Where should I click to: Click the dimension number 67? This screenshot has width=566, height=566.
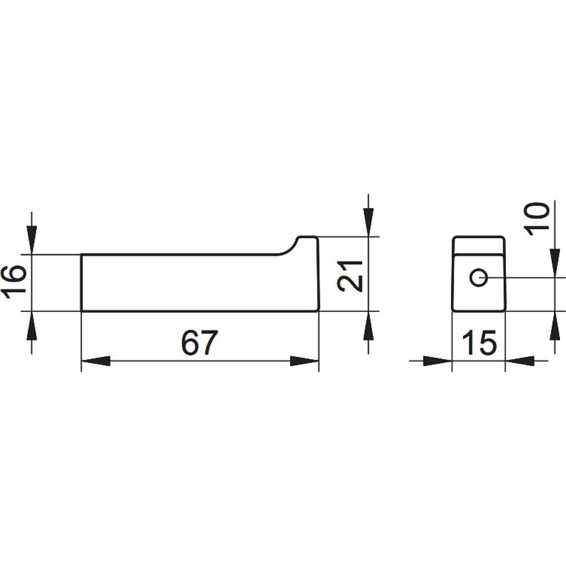click(x=199, y=342)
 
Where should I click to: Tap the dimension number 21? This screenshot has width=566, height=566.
click(x=350, y=276)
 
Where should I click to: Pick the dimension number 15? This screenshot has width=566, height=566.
click(x=479, y=343)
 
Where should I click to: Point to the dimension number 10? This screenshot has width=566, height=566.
click(x=536, y=219)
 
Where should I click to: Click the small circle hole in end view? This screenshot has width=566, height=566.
click(x=479, y=277)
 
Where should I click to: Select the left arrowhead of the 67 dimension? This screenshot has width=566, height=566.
click(x=95, y=361)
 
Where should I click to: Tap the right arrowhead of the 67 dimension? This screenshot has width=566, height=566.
click(x=305, y=361)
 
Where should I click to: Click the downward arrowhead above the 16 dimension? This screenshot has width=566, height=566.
click(x=32, y=240)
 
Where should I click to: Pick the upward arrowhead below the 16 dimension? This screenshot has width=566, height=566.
click(x=32, y=325)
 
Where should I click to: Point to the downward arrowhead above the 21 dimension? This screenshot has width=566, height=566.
click(x=368, y=222)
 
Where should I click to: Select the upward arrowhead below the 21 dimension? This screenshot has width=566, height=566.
click(x=368, y=325)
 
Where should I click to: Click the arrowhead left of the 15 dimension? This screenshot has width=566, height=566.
click(x=438, y=361)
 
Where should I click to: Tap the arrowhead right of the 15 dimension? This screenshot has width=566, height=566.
click(x=519, y=361)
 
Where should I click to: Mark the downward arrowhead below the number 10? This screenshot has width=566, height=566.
click(x=555, y=263)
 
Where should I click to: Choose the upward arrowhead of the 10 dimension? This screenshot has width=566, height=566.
click(x=555, y=325)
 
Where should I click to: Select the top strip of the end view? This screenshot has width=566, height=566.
click(x=479, y=246)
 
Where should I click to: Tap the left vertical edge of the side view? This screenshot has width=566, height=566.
click(x=81, y=283)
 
